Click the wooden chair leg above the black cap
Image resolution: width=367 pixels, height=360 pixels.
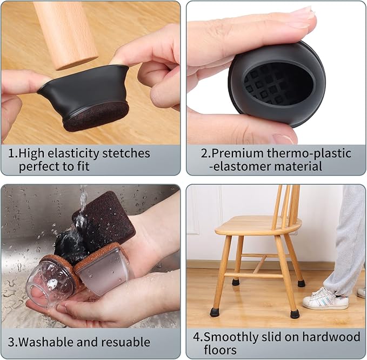coord(65,32)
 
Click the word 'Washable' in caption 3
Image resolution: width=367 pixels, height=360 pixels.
coord(45,342)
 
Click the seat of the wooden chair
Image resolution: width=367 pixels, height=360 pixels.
coord(257,225)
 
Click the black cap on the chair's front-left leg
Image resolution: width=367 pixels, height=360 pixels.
coord(214,312)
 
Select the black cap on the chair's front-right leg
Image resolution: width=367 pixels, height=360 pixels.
coord(294,314)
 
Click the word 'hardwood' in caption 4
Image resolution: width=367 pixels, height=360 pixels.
coord(335,337)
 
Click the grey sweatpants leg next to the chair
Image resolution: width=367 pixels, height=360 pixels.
coord(345,238)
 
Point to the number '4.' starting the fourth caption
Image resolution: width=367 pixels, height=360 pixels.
coord(197,337)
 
